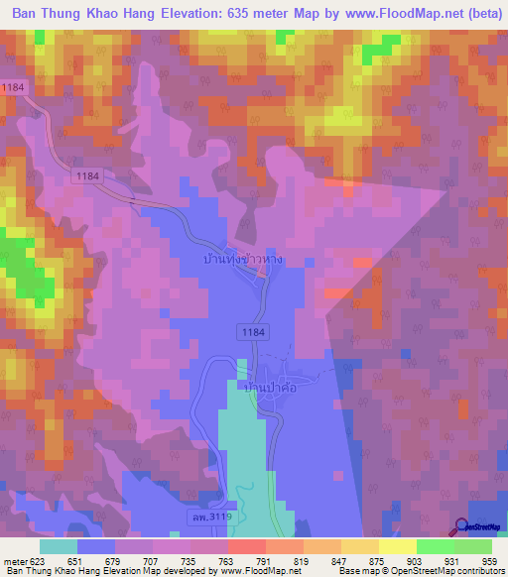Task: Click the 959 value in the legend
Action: (476, 561)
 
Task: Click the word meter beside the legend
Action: (12, 561)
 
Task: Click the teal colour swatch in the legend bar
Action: (59, 545)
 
